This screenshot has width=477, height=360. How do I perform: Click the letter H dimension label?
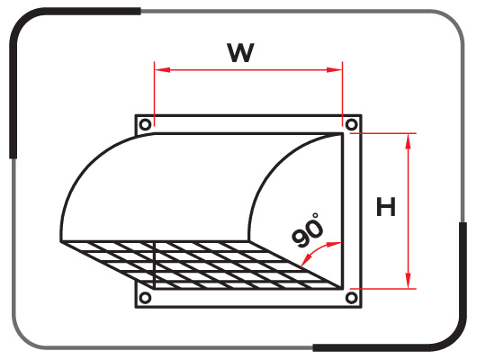tap(386, 208)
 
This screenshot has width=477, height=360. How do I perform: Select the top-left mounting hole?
tap(144, 124)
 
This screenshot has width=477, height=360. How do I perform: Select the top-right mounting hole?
tap(352, 124)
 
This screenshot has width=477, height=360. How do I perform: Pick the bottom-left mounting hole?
tap(144, 296)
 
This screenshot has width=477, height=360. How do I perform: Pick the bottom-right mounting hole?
tap(352, 296)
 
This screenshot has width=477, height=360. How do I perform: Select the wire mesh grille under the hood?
tap(216, 265)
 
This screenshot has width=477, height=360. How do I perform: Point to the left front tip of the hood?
tap(61, 241)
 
